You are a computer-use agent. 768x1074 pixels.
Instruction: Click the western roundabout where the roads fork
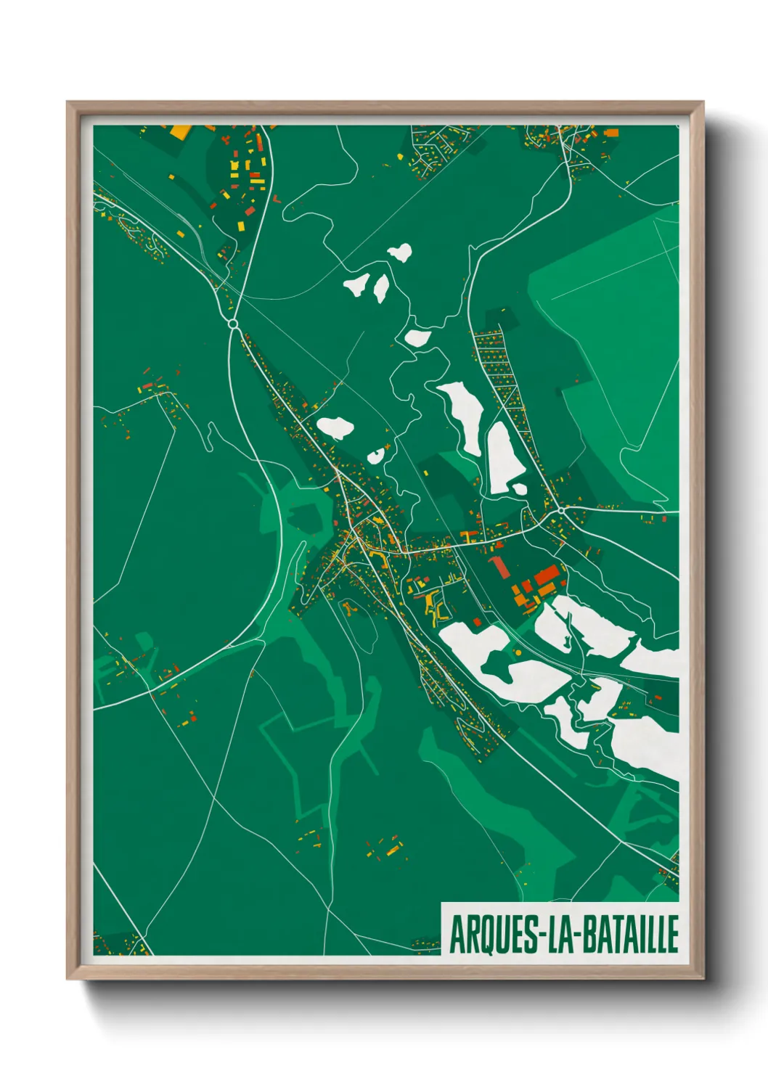pyautogui.click(x=233, y=323)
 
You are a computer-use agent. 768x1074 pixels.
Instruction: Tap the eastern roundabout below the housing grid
pyautogui.click(x=561, y=512)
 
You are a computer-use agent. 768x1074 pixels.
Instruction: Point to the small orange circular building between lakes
pyautogui.click(x=518, y=653)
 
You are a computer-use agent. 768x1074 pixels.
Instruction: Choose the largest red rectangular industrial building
pyautogui.click(x=548, y=578)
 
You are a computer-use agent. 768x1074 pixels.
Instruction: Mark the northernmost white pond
pyautogui.click(x=400, y=253)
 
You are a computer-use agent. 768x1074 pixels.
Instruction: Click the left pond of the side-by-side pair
pyautogui.click(x=356, y=284)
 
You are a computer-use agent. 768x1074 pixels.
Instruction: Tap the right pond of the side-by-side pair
pyautogui.click(x=381, y=288)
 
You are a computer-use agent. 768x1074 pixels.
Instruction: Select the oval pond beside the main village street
pyautogui.click(x=335, y=427)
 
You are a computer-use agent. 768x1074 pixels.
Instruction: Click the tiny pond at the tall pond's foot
pyautogui.click(x=520, y=489)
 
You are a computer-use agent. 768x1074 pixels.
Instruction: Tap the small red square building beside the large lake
pyautogui.click(x=476, y=621)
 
